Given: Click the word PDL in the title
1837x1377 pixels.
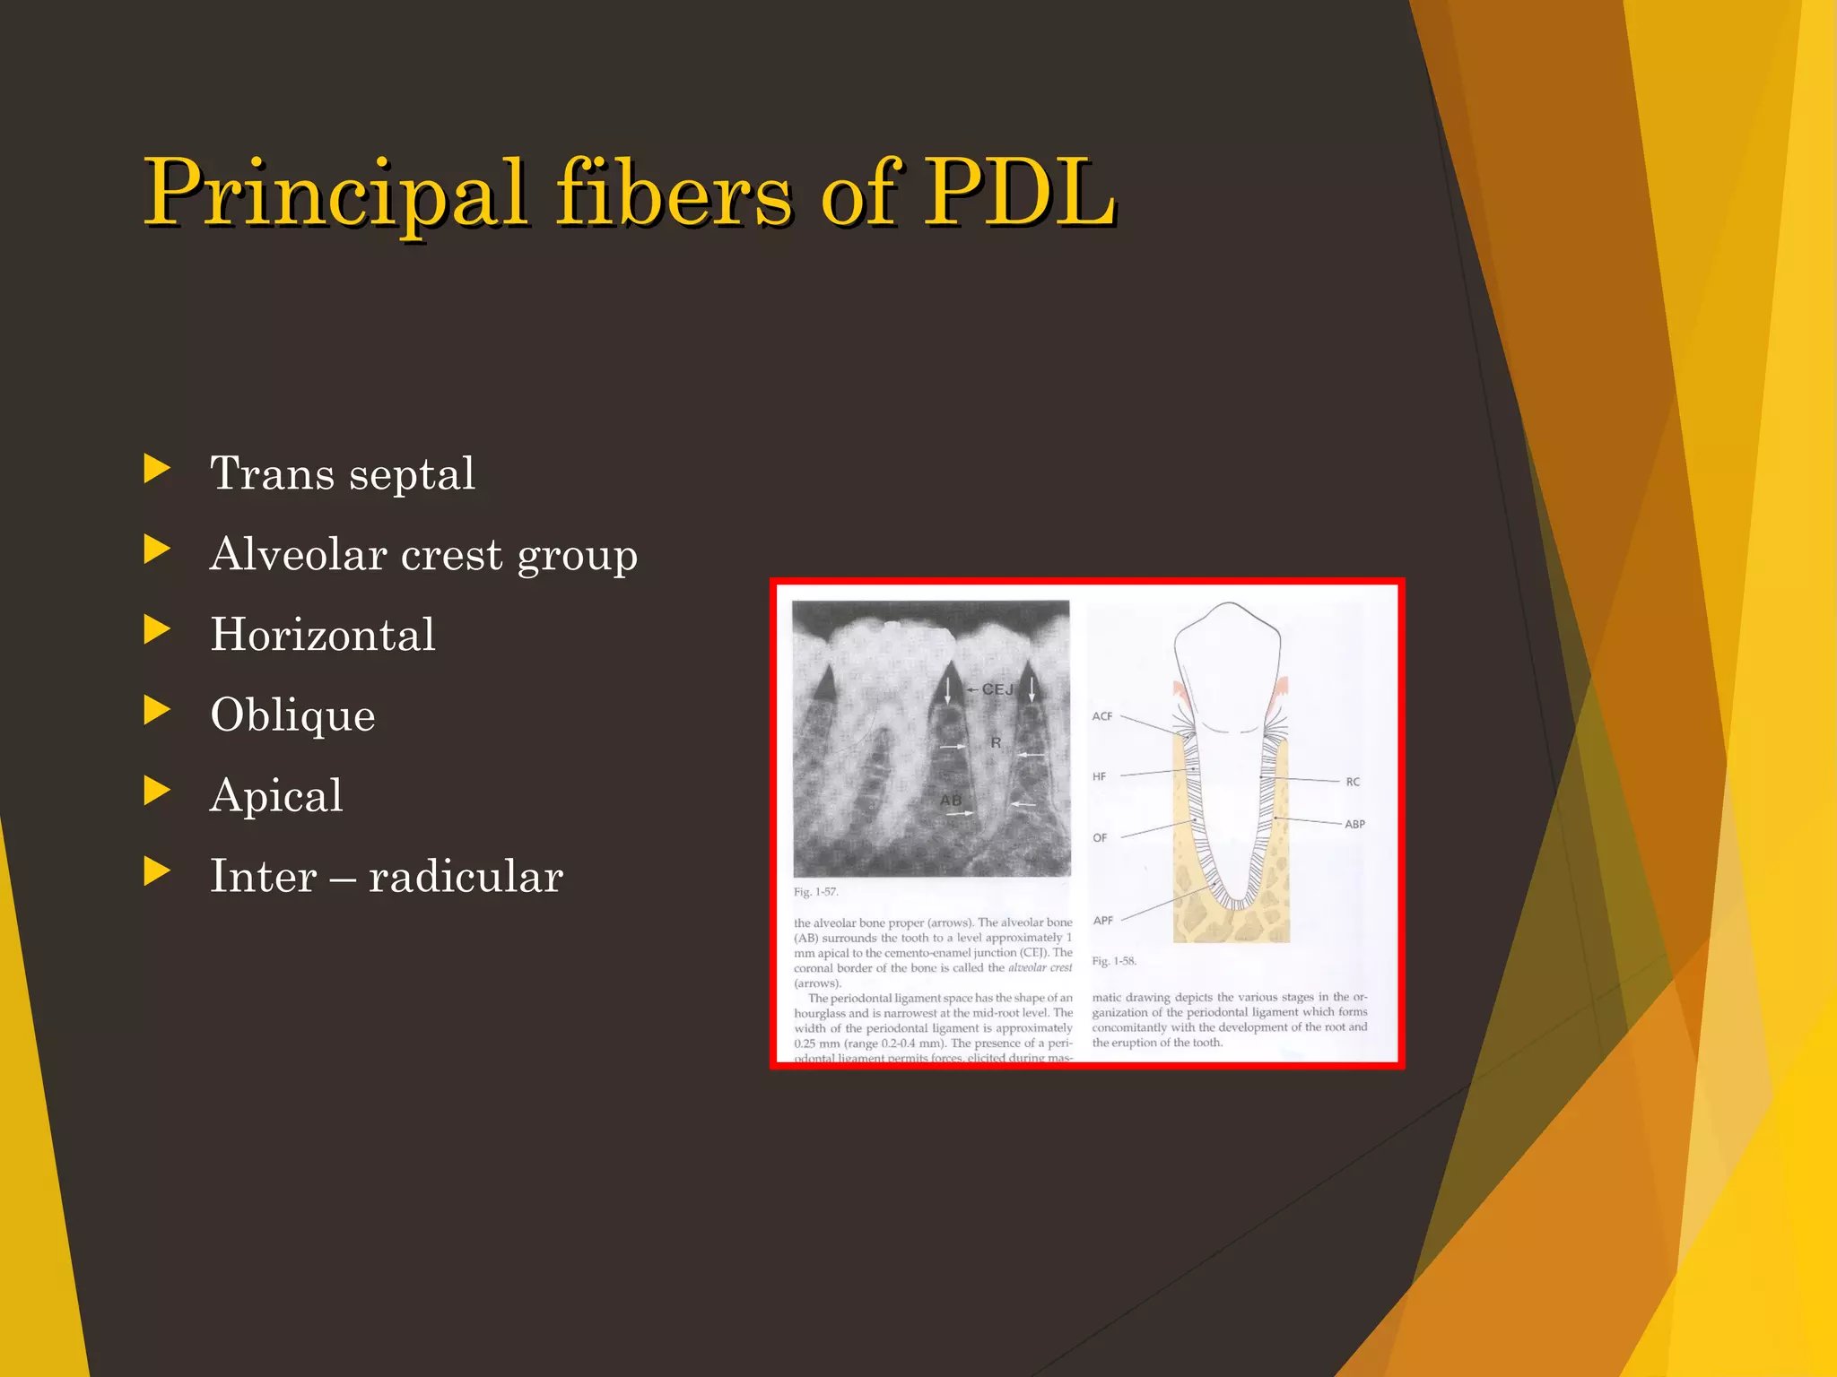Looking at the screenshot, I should click(x=1020, y=192).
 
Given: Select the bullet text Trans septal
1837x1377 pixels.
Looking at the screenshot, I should click(x=342, y=473).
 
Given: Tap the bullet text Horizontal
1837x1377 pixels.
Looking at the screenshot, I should click(x=322, y=635).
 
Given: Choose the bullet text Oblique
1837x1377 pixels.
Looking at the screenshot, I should click(x=292, y=715).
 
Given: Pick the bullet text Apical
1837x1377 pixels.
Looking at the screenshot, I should click(x=276, y=796).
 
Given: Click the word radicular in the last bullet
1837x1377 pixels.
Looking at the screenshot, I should click(x=466, y=877).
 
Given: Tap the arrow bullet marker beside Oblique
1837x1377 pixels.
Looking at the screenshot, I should click(x=157, y=710).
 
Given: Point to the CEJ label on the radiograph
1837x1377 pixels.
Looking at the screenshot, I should click(x=997, y=689).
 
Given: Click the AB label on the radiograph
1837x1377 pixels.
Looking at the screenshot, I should click(x=950, y=800).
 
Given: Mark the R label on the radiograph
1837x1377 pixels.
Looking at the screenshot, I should click(x=996, y=743).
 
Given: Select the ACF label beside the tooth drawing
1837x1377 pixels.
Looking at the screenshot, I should click(x=1102, y=716).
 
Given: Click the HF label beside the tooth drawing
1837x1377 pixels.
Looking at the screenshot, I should click(x=1099, y=776).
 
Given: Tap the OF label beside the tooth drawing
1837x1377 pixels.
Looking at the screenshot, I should click(x=1100, y=838).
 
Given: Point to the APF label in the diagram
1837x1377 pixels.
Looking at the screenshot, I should click(x=1103, y=921).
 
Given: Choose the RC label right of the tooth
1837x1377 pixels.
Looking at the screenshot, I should click(x=1353, y=782).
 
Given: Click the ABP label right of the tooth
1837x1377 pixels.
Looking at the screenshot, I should click(x=1354, y=824).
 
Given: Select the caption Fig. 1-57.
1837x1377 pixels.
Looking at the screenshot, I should click(x=815, y=892).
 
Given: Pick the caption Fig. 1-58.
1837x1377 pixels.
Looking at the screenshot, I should click(x=1114, y=961).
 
